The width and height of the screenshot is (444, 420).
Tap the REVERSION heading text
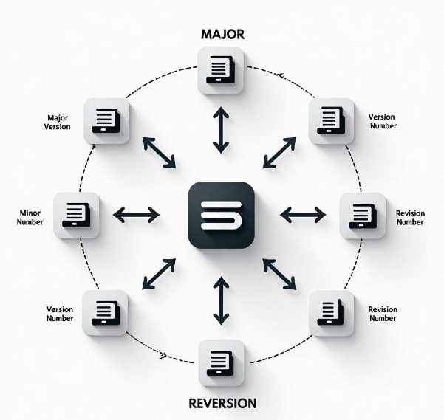pyautogui.click(x=222, y=403)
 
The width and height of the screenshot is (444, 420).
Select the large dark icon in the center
pyautogui.click(x=221, y=213)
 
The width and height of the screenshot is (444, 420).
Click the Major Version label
pyautogui.click(x=58, y=123)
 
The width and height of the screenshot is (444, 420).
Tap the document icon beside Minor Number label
pyautogui.click(x=77, y=215)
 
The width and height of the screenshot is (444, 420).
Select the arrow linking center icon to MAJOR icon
pyautogui.click(x=220, y=129)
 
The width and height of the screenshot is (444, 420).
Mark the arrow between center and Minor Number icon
pyautogui.click(x=135, y=215)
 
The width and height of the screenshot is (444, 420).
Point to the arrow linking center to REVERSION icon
pyautogui.click(x=221, y=300)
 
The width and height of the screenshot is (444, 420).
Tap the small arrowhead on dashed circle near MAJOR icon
pyautogui.click(x=280, y=75)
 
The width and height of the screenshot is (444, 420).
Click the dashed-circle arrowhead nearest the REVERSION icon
pyautogui.click(x=162, y=356)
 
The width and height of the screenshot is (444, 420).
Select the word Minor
pyautogui.click(x=29, y=212)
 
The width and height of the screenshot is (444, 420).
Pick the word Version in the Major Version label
pyautogui.click(x=58, y=127)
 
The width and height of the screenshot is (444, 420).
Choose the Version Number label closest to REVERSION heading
pyautogui.click(x=59, y=314)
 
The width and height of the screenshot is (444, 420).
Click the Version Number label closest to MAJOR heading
pyautogui.click(x=382, y=121)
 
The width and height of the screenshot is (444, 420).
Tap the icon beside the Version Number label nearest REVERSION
pyautogui.click(x=105, y=311)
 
